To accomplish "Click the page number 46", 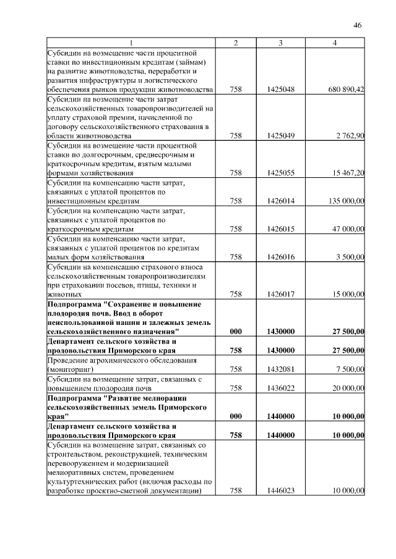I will [x=357, y=25].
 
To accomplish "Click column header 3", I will [x=280, y=42].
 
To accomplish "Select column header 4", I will [x=334, y=42].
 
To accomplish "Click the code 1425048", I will [x=280, y=90].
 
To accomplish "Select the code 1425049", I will [x=280, y=135].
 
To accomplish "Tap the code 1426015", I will [x=280, y=229].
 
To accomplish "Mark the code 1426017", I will [x=280, y=295].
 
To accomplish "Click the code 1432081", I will [x=280, y=369].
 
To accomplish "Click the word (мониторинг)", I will [x=70, y=369].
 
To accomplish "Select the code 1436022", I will [x=280, y=388].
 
